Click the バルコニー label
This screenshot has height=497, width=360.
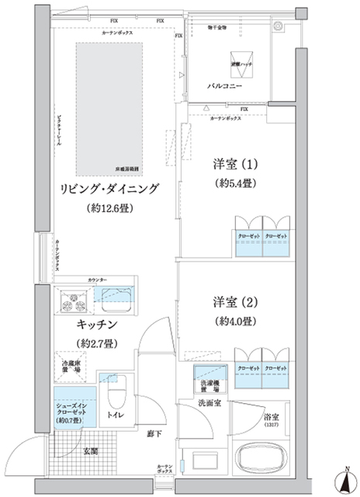pos(226,86)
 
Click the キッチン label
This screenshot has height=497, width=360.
pos(96,323)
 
